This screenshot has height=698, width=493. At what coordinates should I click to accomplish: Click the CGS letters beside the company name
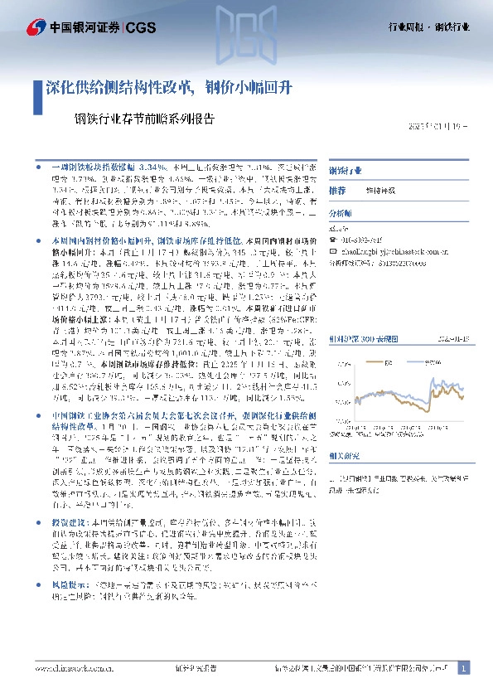(141, 27)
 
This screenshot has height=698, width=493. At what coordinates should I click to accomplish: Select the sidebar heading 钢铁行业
(344, 170)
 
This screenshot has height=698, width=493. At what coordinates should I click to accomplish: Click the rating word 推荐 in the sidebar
(337, 190)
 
